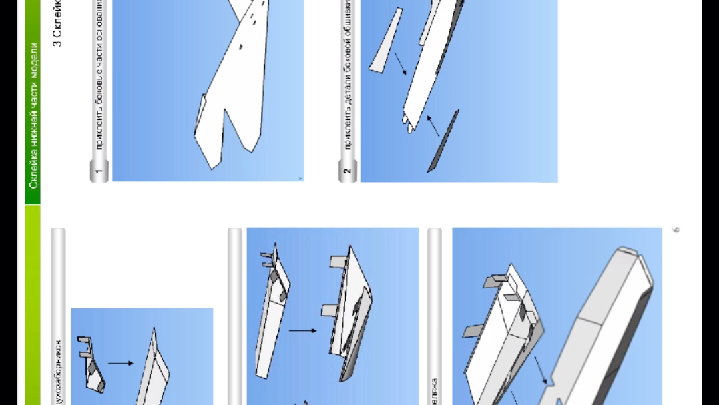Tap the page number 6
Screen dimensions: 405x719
(676, 230)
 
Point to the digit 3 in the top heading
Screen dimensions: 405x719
(58, 43)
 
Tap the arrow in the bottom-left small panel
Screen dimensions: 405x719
(120, 363)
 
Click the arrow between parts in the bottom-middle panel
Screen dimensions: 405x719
(303, 330)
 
